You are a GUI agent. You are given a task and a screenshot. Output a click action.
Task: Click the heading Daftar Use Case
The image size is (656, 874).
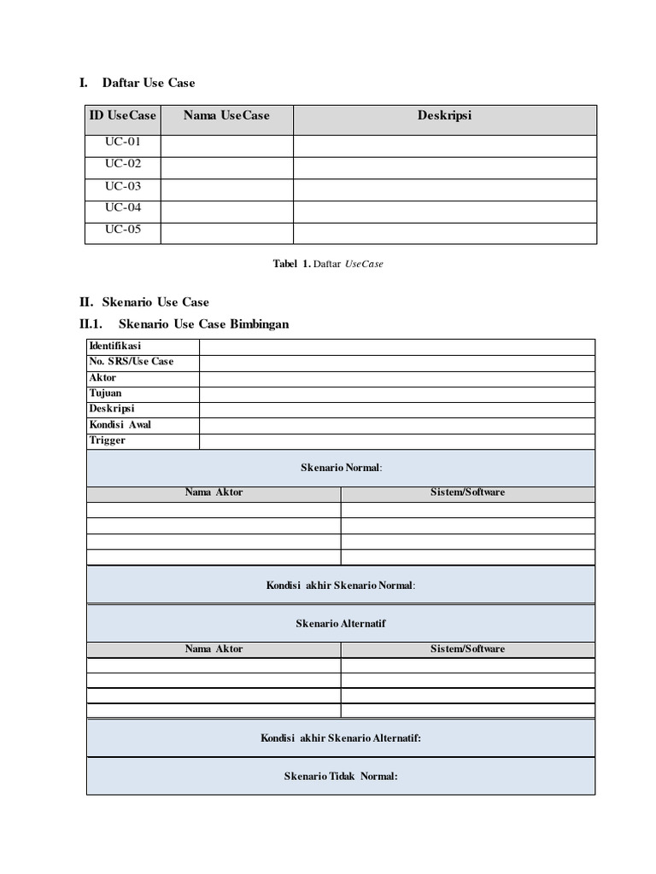(148, 83)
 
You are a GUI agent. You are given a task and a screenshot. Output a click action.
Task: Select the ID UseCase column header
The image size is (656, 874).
(123, 115)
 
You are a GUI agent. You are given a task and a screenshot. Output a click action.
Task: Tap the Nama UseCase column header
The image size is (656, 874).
(226, 115)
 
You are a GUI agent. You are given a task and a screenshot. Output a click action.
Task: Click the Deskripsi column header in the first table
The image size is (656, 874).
(444, 115)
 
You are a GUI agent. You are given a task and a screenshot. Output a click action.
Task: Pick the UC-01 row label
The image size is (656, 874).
(123, 143)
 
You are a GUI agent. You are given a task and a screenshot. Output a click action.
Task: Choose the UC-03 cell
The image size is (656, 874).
(123, 186)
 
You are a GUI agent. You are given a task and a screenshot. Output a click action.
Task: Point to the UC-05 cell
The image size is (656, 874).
(123, 230)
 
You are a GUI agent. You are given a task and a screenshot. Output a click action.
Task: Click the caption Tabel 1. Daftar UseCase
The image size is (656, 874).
(328, 265)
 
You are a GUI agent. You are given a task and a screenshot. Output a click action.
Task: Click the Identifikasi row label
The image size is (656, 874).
(115, 346)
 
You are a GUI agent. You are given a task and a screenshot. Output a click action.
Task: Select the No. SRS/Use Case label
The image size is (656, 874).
(131, 362)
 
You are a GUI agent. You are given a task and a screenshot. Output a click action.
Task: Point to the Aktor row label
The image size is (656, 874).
(102, 378)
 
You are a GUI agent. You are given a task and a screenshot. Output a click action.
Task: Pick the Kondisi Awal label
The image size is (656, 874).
(120, 425)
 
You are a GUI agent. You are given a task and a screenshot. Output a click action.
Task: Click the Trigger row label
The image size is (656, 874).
(107, 440)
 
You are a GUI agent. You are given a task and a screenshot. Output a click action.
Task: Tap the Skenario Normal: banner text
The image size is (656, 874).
(341, 468)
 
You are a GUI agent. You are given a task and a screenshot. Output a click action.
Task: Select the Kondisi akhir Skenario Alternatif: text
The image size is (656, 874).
(341, 738)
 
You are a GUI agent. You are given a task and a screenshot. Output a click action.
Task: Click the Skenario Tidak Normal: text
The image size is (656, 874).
(341, 776)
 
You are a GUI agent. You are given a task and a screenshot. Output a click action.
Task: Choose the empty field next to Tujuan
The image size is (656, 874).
(397, 393)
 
